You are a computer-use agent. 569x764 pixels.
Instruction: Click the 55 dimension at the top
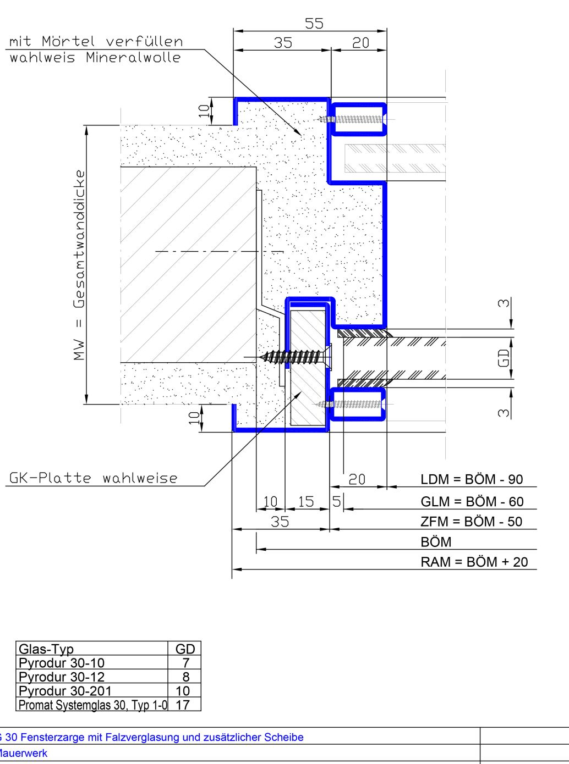point(314,24)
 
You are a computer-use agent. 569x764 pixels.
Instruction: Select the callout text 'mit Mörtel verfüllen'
point(96,41)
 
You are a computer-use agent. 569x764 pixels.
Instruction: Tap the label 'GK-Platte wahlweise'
point(93,478)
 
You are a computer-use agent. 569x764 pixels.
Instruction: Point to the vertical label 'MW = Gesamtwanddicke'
point(79,265)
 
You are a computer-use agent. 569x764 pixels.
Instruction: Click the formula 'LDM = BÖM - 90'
point(472,479)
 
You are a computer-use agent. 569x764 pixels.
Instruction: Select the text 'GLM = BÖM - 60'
point(472,501)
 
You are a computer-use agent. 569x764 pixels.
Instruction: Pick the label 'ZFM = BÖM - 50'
point(471,522)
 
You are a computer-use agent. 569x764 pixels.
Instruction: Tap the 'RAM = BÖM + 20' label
point(474,562)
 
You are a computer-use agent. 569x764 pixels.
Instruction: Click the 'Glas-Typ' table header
point(46,649)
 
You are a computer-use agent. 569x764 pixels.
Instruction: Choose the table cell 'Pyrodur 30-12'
point(62,677)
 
